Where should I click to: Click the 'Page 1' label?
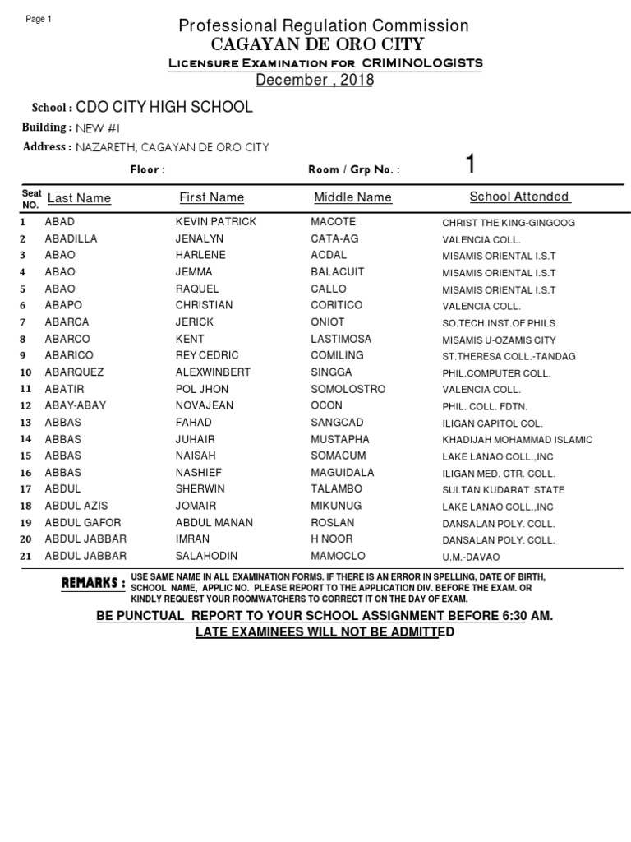click(x=39, y=20)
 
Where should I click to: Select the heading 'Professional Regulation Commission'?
click(x=324, y=26)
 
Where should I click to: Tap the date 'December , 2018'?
click(x=315, y=80)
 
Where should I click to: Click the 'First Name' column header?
click(x=211, y=197)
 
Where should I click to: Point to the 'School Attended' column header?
click(x=518, y=197)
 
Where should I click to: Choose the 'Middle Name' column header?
click(x=352, y=197)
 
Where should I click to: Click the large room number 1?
click(x=470, y=164)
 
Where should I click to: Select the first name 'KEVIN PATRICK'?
click(x=216, y=222)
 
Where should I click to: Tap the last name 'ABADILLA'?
click(x=71, y=238)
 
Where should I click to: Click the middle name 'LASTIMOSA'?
click(x=341, y=339)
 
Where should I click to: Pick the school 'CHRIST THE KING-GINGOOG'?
click(x=509, y=223)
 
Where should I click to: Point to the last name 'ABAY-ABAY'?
click(x=75, y=405)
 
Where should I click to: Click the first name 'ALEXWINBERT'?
click(x=213, y=372)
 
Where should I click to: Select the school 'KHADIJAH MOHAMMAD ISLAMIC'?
click(x=517, y=440)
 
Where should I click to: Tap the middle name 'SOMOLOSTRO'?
click(x=348, y=389)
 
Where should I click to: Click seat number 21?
click(x=25, y=557)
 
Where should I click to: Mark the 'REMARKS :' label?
click(x=94, y=583)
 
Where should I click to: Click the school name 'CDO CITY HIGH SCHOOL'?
click(x=164, y=108)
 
